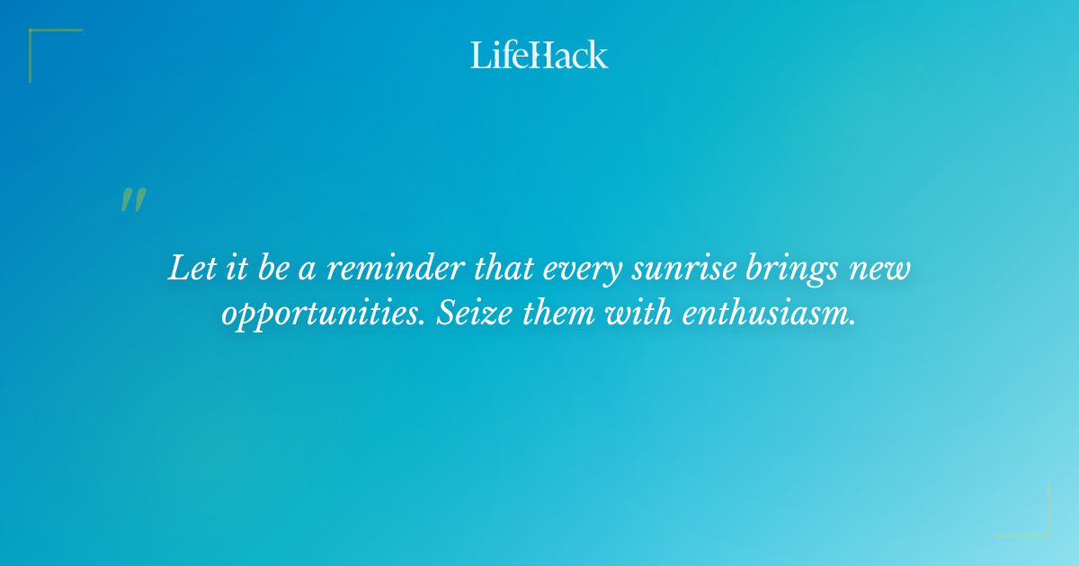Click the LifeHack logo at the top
pos(539,55)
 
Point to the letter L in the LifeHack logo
pos(479,55)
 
